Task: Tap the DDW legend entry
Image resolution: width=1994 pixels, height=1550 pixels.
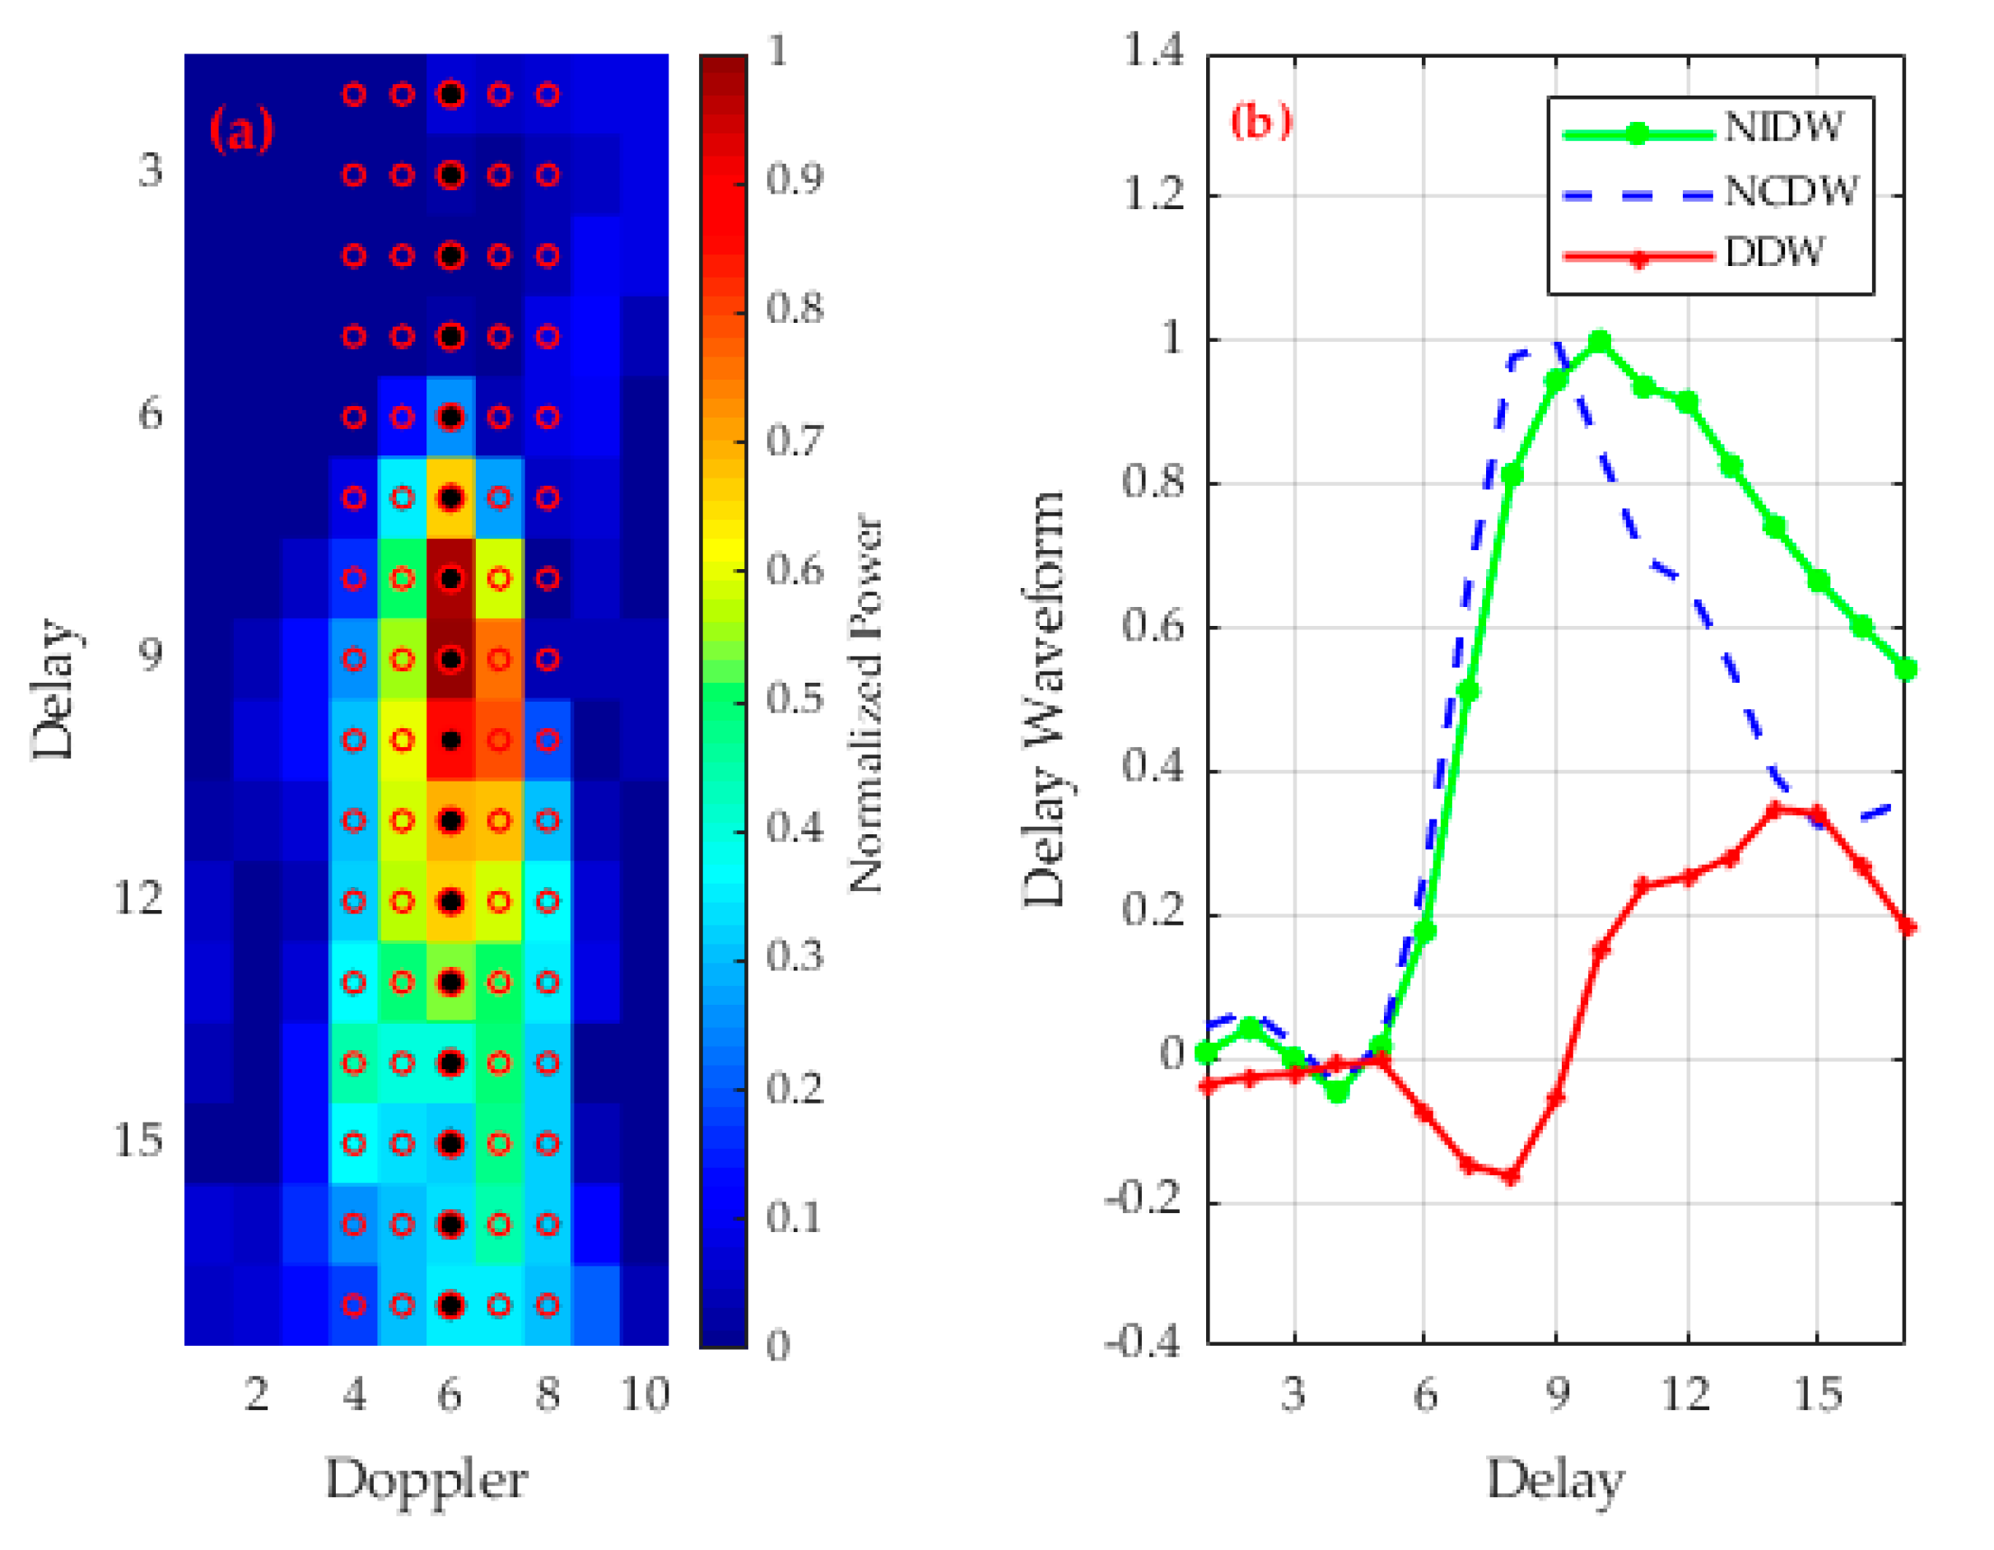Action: click(1773, 253)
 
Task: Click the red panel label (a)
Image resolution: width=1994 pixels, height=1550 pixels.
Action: click(241, 131)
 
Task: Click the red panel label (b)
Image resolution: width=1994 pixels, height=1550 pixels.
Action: click(1260, 120)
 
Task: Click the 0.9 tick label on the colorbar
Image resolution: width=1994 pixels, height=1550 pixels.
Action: click(793, 180)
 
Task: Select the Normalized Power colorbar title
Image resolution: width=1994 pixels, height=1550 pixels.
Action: click(865, 703)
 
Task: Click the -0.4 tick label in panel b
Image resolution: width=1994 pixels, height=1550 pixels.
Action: click(1143, 1342)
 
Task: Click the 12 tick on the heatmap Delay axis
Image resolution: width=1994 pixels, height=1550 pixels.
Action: click(137, 899)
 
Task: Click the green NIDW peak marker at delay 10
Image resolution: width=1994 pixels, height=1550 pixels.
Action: click(1600, 343)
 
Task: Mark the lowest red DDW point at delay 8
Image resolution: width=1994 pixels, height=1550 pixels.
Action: click(1511, 1176)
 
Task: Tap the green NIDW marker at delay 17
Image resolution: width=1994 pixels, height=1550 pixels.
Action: click(1905, 670)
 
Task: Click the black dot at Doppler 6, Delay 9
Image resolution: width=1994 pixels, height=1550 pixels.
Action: click(450, 659)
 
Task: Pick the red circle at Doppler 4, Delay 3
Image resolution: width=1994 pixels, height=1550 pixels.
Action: click(354, 175)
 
